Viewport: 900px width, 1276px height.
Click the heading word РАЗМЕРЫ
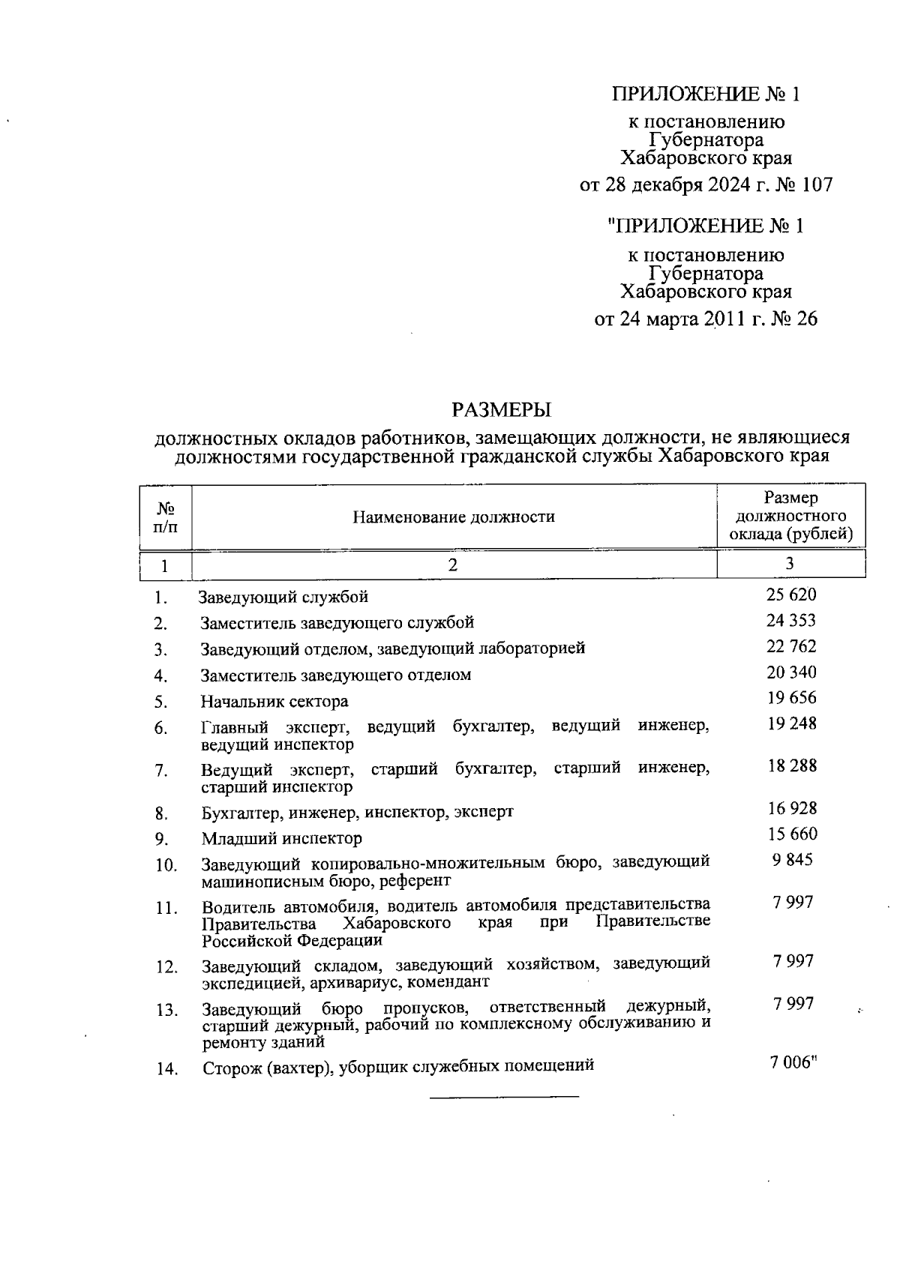point(501,409)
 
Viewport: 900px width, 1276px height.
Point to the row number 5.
point(160,702)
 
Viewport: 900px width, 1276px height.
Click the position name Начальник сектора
point(274,702)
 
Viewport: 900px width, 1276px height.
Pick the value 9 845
point(792,860)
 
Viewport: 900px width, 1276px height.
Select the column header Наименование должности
point(454,517)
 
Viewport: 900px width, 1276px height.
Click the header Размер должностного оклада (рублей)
point(790,517)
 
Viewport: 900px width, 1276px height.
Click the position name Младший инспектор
point(281,838)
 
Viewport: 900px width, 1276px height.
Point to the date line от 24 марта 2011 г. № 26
point(706,319)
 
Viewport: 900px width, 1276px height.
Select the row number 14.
point(166,1070)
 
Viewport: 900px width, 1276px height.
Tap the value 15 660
point(791,834)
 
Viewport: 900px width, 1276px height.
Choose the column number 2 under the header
point(453,565)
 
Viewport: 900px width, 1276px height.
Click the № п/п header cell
point(165,517)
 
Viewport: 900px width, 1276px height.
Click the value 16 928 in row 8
point(791,808)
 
